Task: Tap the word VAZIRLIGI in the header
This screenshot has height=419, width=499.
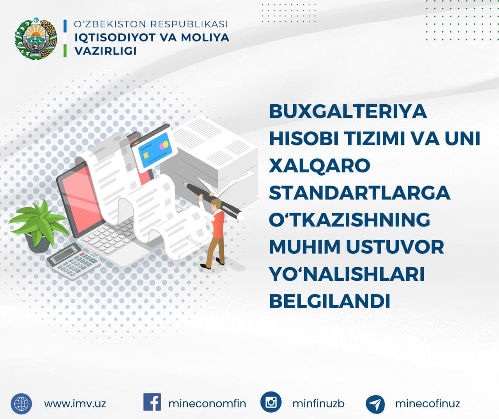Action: (105, 51)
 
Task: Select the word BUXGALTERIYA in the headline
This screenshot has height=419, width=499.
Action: (348, 112)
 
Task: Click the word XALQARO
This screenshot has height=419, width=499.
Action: (320, 166)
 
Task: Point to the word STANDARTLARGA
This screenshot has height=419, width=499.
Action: (359, 193)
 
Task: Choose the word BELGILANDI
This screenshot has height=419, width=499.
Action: (330, 301)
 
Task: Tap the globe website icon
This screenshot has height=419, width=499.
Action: (21, 403)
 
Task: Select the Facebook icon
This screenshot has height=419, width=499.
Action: (152, 402)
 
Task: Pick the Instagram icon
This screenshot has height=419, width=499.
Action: (271, 402)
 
